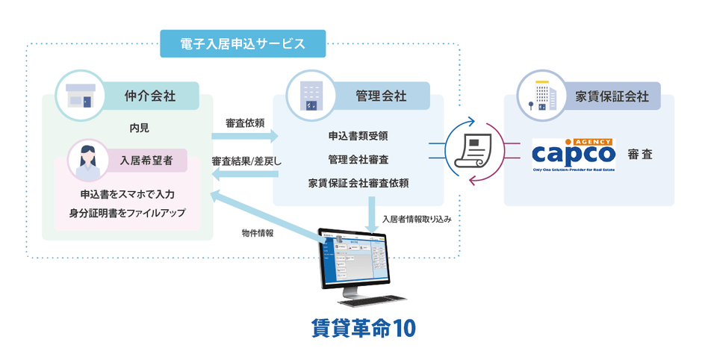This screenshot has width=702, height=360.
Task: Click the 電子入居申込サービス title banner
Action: (x=243, y=43)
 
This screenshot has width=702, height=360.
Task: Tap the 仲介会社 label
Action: (x=150, y=96)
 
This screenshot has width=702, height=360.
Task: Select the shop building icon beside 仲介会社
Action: (x=78, y=95)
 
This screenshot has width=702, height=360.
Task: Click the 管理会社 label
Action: (x=381, y=96)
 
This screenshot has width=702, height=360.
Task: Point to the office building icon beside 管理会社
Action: (x=308, y=95)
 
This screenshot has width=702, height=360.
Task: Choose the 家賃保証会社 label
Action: (x=612, y=96)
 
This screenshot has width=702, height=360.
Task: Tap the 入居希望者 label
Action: (x=148, y=158)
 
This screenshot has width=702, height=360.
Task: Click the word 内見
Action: (x=140, y=128)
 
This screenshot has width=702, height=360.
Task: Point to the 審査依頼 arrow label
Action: (x=243, y=122)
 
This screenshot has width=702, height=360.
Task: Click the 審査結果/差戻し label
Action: (x=246, y=161)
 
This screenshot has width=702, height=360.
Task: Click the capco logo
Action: (x=574, y=153)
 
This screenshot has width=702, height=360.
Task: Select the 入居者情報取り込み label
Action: (x=417, y=220)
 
